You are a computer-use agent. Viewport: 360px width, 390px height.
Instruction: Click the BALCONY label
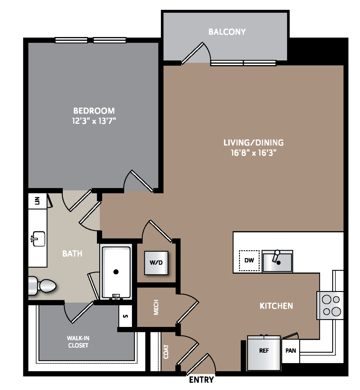tap(227, 32)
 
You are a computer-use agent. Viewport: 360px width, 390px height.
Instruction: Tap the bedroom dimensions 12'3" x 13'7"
tap(94, 121)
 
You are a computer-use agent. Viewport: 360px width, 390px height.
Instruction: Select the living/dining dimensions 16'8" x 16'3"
tap(253, 153)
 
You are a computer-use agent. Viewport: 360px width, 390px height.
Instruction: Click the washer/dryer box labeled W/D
tap(156, 263)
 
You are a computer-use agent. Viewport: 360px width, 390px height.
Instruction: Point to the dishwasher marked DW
tap(249, 261)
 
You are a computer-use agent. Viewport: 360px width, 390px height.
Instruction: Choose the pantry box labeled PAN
tap(291, 351)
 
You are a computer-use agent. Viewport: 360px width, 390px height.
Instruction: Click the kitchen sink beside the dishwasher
tap(277, 261)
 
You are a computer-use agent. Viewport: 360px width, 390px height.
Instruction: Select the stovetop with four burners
tap(331, 305)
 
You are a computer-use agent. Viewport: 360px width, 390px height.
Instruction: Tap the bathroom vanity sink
tap(39, 239)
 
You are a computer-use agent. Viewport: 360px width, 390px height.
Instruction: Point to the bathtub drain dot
tap(116, 272)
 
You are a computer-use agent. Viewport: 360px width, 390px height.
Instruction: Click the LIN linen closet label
tap(37, 201)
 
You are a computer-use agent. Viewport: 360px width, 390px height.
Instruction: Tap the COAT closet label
tap(166, 352)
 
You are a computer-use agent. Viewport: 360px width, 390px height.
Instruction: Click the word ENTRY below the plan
tap(201, 380)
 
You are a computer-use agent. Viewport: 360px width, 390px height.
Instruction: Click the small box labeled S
tap(125, 316)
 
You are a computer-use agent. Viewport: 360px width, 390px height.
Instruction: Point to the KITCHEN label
tap(276, 306)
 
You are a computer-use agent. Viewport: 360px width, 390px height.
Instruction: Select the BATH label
tap(72, 253)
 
